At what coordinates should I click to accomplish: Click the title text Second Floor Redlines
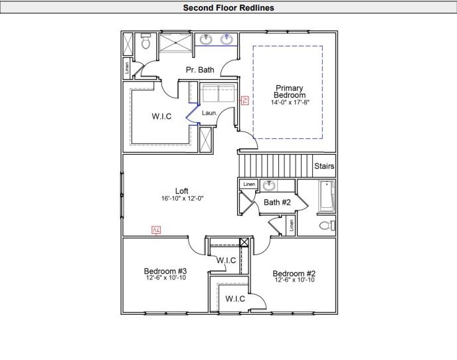click(228, 8)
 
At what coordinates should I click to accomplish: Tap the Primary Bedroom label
click(290, 92)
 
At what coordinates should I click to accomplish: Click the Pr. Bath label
click(199, 70)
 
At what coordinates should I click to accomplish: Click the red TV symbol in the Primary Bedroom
click(244, 100)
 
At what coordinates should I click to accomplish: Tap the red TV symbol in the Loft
click(156, 230)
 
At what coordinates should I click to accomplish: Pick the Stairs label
click(324, 166)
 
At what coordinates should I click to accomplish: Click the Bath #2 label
click(276, 202)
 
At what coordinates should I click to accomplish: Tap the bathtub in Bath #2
click(326, 196)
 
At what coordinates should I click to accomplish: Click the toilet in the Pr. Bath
click(145, 43)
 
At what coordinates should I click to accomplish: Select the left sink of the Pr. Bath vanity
click(205, 39)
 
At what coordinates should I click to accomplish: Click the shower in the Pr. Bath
click(176, 41)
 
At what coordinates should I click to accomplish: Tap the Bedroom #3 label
click(165, 271)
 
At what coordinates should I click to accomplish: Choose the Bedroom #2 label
click(294, 274)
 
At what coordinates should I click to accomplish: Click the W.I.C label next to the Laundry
click(161, 116)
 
